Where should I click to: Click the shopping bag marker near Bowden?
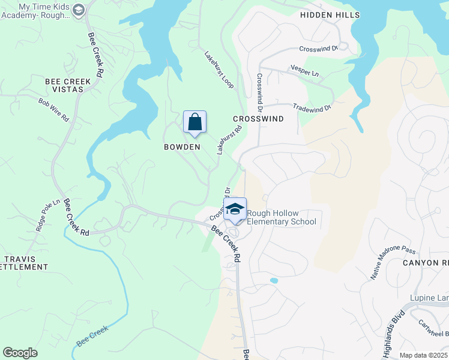coord(194,123)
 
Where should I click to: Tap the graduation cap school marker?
coord(235,209)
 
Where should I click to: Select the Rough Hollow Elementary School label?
coord(281,218)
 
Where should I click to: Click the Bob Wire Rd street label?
coord(53,110)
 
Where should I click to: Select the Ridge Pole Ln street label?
coord(49,215)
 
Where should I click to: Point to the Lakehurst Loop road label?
coord(218,70)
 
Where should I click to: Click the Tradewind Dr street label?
coord(312,108)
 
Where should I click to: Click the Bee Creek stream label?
coord(92,337)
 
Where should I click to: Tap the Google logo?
coord(20,353)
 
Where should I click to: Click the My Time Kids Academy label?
coord(43,11)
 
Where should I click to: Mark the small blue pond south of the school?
coord(274,280)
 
